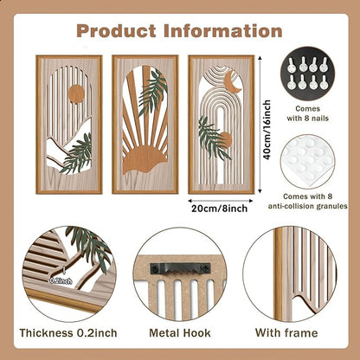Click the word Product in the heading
point(116,31)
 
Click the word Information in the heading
point(223,31)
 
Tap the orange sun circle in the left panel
point(77,94)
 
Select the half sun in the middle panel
point(145,160)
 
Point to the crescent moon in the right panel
point(233,82)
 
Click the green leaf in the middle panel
point(153,93)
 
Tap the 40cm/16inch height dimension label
point(267,130)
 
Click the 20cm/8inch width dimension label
point(220,209)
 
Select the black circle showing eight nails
point(308,74)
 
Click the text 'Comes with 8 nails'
point(308,113)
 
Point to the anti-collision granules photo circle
point(308,163)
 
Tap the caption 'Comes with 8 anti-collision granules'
point(308,202)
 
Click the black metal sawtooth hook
point(180,270)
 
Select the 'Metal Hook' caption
point(180,333)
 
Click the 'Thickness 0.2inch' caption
point(68,333)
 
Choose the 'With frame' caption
point(286,333)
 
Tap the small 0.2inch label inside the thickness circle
point(61,280)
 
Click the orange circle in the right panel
point(224,139)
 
